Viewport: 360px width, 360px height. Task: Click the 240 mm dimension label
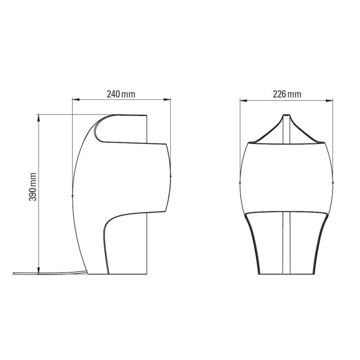[121, 94]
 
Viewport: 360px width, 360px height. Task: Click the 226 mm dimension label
[287, 94]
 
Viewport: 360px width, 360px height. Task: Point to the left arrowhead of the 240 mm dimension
[75, 99]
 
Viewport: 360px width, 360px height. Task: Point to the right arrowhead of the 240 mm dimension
[169, 99]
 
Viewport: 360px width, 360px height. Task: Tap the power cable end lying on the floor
[15, 273]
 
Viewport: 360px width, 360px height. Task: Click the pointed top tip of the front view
[286, 115]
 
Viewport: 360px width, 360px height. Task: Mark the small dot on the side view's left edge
[73, 195]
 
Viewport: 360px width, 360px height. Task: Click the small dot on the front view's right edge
[333, 182]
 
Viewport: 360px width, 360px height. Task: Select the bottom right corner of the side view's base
[147, 274]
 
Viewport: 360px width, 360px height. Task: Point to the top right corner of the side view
[147, 116]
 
